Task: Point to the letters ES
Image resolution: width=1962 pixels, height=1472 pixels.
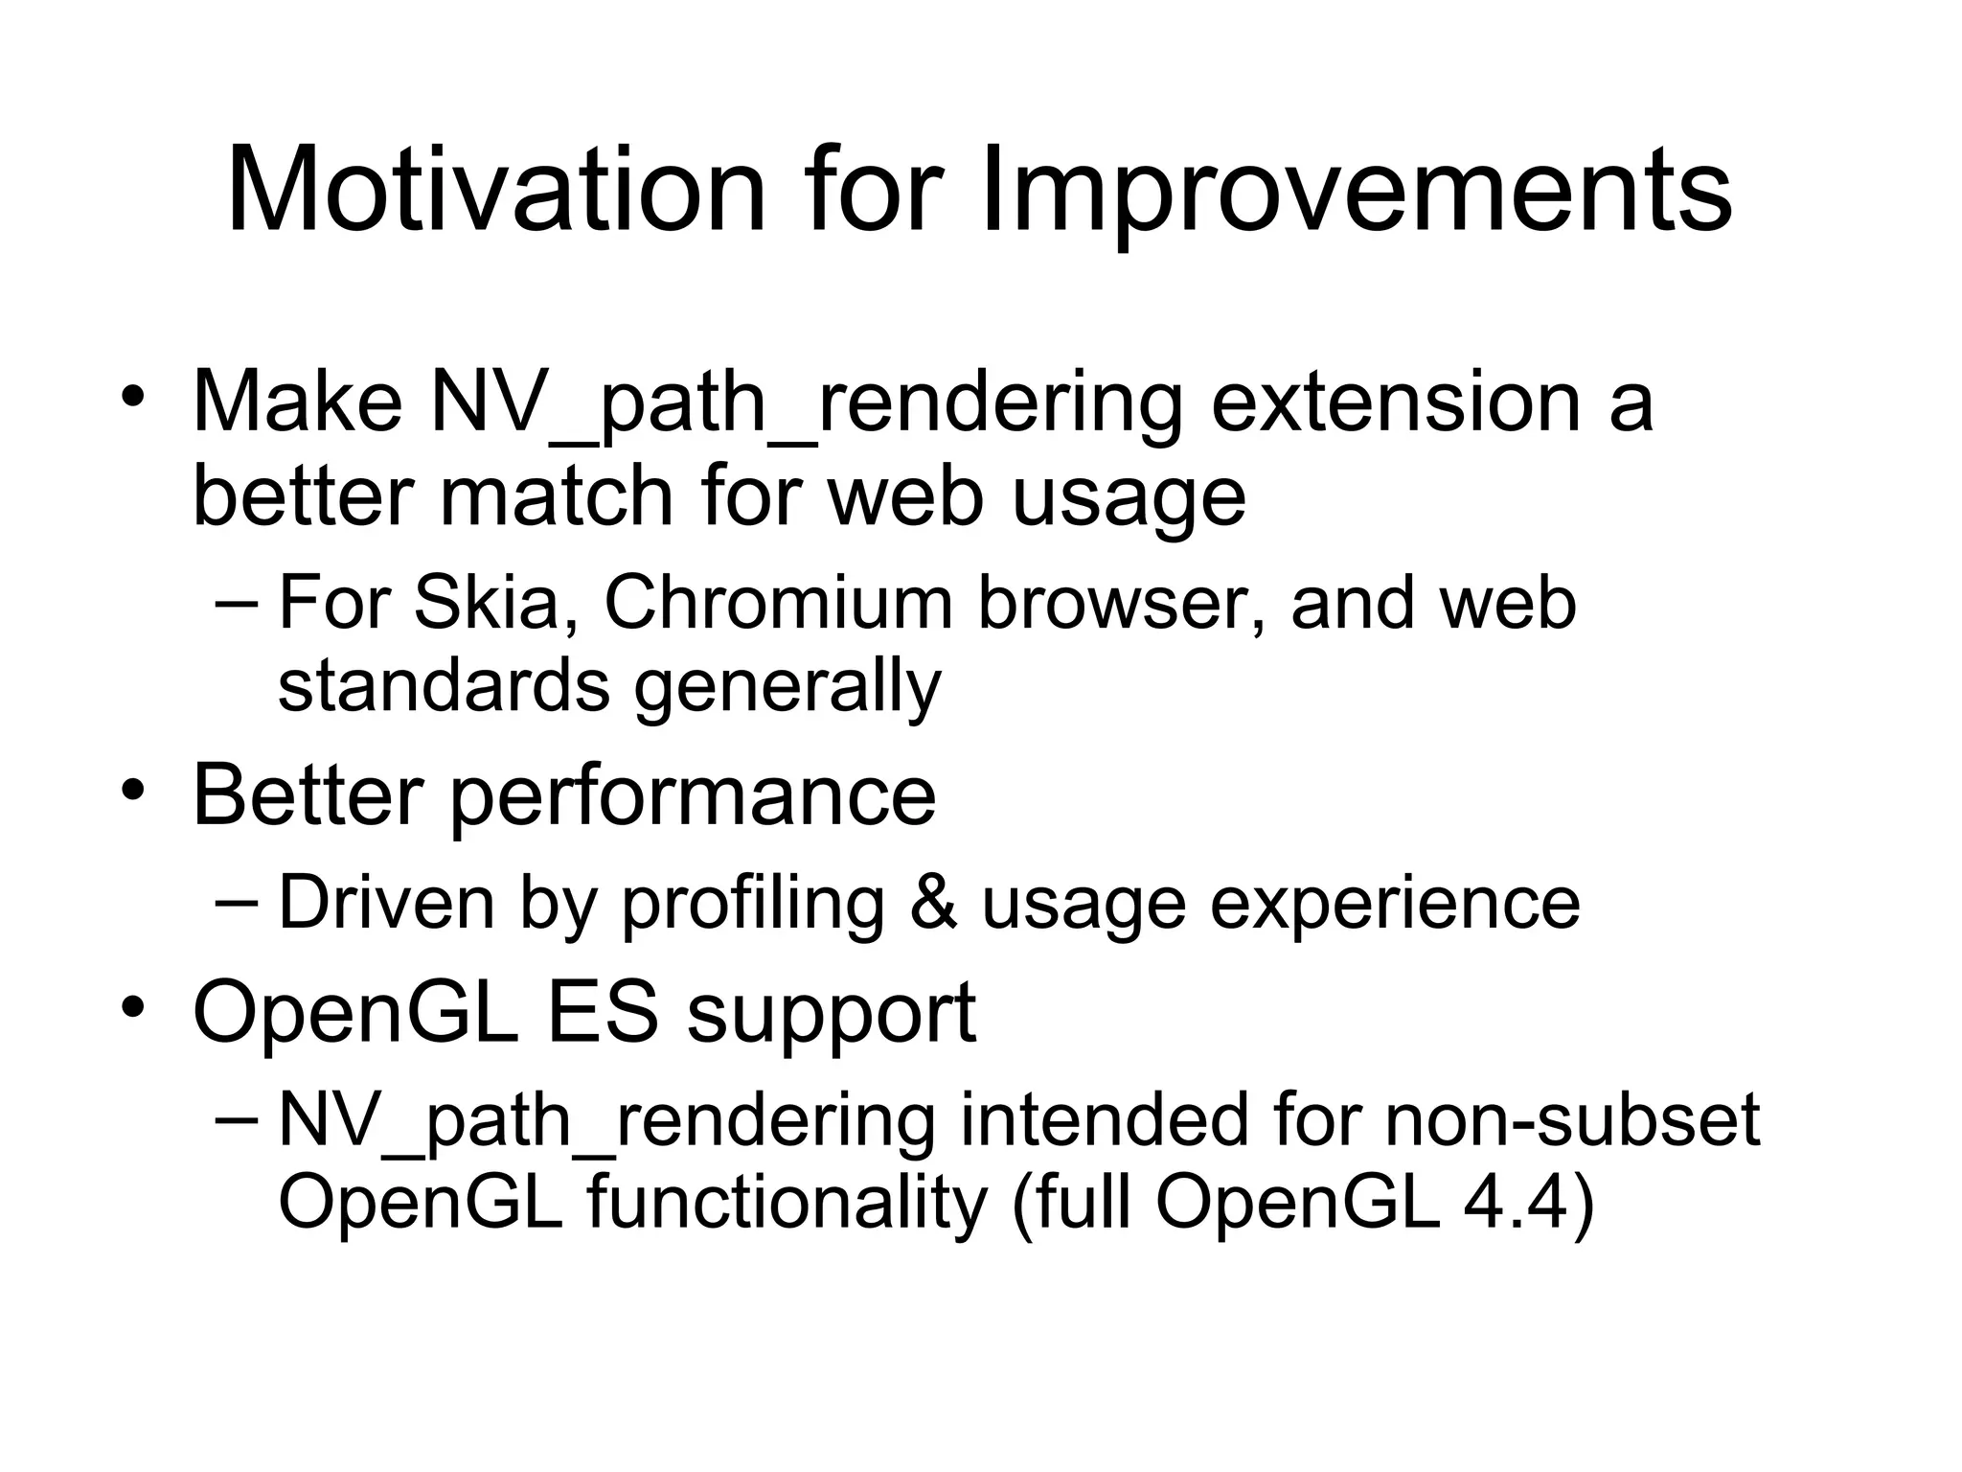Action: pos(603,1012)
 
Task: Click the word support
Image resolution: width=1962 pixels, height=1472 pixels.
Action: pos(831,1016)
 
